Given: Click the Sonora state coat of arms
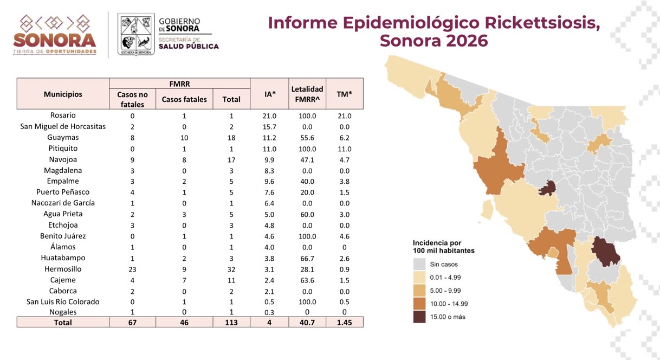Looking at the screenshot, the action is coord(136,34).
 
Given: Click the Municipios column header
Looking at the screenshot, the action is coord(63,94).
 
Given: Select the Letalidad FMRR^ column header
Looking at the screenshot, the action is coord(307,94).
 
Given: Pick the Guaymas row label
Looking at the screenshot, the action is coord(63,137).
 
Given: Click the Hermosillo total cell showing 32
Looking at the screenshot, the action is coord(231,269).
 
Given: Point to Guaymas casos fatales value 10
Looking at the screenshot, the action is coord(184,138).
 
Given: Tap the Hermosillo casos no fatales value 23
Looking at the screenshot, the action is coord(132,269).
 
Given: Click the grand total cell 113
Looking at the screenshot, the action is coord(231,323).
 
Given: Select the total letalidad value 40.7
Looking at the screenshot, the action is coord(307,323).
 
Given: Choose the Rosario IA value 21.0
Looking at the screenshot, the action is coord(269,116).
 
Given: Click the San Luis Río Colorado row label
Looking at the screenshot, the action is coord(63,301).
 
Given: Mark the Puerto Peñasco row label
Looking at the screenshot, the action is coord(63,192).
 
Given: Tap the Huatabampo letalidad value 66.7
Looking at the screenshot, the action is coord(307,258).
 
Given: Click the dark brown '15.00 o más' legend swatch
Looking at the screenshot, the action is coord(419,317).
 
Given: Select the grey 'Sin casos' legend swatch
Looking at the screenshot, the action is coord(419,264).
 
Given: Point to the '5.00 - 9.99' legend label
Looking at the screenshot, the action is coord(445,291).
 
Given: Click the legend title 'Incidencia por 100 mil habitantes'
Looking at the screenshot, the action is coord(443,247).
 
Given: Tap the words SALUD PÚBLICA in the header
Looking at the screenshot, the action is coord(189,46).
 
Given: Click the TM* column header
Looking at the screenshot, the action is coord(344,94).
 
